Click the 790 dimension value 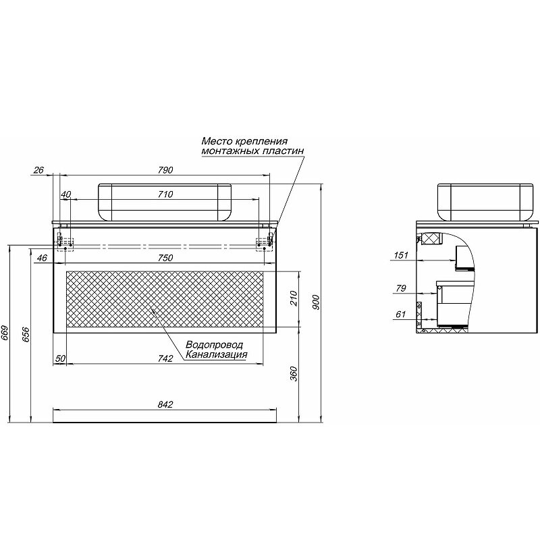[x=165, y=170]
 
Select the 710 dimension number [x=165, y=194]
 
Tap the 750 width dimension [x=165, y=258]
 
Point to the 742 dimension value [x=165, y=358]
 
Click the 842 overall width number [x=165, y=404]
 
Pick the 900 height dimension [x=317, y=302]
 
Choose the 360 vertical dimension [x=294, y=374]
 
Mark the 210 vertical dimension [x=294, y=298]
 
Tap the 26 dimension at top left [x=39, y=170]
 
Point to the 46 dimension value [x=42, y=258]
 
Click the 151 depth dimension [x=401, y=255]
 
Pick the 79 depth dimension [x=401, y=288]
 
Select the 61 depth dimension [x=401, y=314]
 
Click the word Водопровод [x=214, y=345]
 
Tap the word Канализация [x=216, y=354]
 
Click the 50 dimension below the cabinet [x=60, y=358]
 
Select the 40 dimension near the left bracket [x=65, y=194]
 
